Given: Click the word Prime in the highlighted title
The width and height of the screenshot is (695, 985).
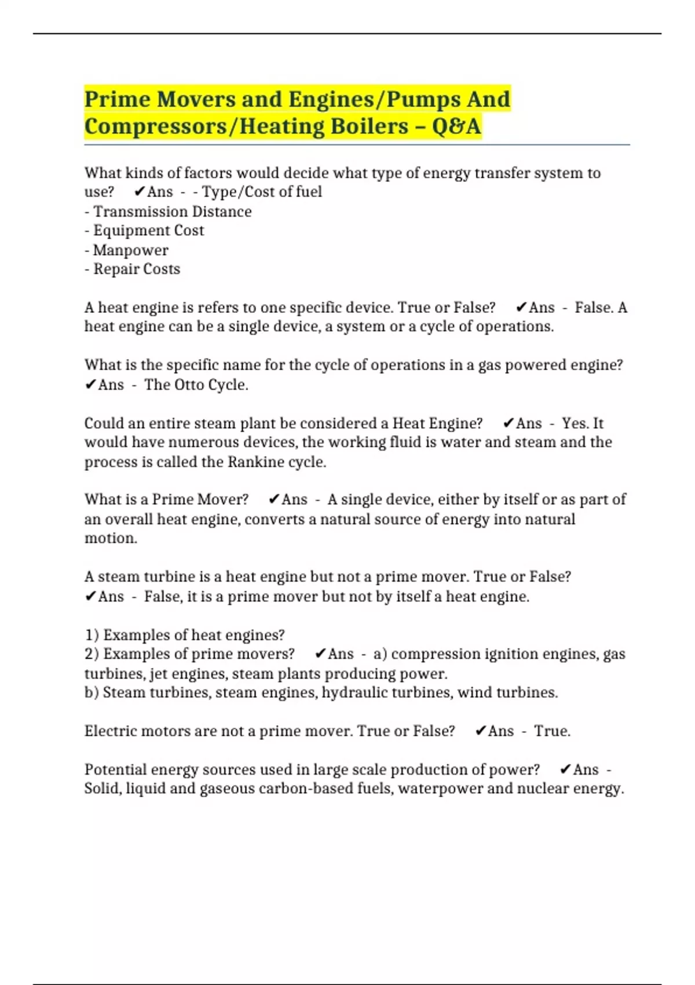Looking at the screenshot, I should coord(117,99).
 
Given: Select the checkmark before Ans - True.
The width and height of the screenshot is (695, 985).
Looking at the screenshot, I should coord(480,731).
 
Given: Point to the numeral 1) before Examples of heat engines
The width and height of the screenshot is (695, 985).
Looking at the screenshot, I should coord(92,635).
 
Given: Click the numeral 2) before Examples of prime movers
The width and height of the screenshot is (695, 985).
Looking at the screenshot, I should coord(92,654).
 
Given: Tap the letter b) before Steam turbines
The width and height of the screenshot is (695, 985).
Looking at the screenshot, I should coord(92,692).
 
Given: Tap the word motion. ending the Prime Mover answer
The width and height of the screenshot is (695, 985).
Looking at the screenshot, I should coord(111,538).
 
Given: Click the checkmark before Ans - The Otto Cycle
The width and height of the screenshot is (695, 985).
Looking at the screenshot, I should coord(90,385).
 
